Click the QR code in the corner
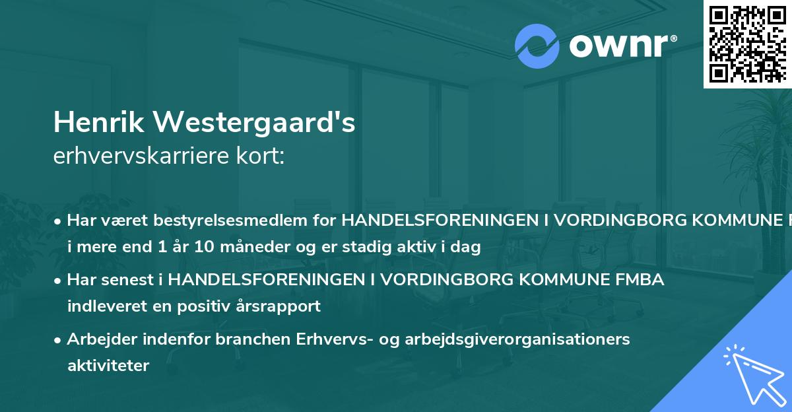pyautogui.click(x=747, y=44)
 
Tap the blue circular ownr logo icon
pyautogui.click(x=537, y=46)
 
